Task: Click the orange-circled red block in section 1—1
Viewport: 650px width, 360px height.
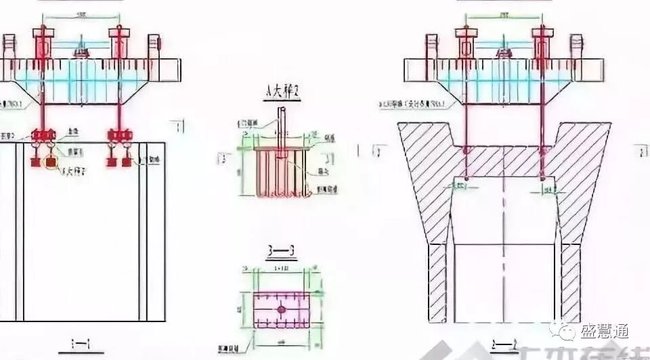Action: [51, 162]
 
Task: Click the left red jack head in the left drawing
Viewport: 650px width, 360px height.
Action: [42, 42]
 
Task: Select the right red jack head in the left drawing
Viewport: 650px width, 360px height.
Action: [118, 42]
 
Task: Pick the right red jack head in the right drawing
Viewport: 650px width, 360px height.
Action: [542, 42]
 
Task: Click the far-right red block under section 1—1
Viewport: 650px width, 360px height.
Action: [126, 162]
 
